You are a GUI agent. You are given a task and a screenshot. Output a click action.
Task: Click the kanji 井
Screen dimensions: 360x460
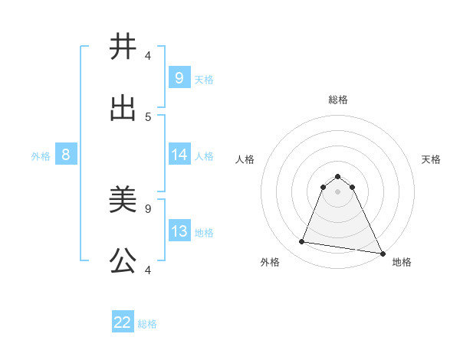[123, 47]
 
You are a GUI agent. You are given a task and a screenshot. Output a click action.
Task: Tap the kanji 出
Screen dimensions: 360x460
[123, 109]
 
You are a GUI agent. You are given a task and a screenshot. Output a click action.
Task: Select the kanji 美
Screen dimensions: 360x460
[123, 201]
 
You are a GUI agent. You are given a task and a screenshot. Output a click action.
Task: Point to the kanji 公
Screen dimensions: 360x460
[123, 262]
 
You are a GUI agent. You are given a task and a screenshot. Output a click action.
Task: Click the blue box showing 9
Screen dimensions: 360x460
[179, 77]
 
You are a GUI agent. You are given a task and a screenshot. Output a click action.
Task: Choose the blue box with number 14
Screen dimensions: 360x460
[179, 155]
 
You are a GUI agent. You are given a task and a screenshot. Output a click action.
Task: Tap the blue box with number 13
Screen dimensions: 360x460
[179, 231]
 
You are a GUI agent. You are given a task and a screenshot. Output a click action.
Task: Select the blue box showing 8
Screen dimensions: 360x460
[66, 155]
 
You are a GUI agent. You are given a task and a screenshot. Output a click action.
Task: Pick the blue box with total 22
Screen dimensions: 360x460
[123, 322]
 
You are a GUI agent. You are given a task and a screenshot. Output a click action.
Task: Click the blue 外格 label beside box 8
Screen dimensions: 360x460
[41, 155]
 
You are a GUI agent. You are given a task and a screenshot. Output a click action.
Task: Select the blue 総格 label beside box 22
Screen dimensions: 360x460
[147, 323]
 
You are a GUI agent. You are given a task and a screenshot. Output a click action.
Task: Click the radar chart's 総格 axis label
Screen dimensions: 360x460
[338, 100]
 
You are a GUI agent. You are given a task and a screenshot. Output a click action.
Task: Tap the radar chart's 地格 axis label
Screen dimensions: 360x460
[402, 262]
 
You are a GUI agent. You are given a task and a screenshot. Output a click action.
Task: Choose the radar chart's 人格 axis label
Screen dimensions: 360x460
[245, 159]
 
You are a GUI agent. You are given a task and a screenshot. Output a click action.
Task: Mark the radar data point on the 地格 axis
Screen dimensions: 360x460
[382, 253]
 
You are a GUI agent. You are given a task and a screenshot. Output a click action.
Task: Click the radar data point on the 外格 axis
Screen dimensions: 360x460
[301, 242]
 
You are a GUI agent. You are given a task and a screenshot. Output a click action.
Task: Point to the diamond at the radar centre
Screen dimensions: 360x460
[338, 191]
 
